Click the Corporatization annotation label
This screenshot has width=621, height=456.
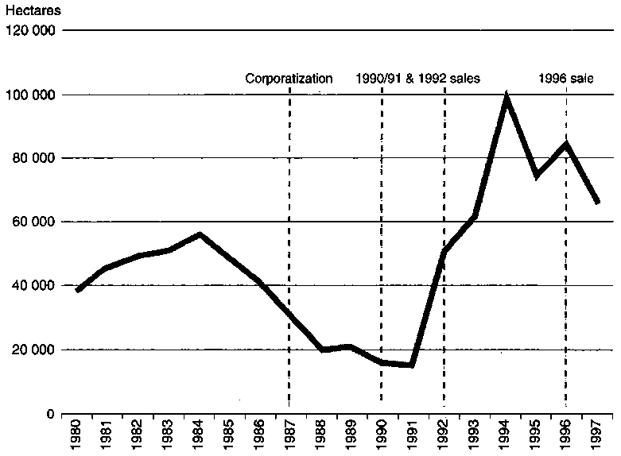(288, 78)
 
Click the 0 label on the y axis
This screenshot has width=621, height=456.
(49, 414)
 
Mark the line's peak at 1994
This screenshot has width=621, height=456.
(505, 97)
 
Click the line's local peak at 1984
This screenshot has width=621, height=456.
(200, 234)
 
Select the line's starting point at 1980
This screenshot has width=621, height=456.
(77, 291)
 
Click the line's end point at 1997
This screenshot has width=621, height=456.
(597, 203)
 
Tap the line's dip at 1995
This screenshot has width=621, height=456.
(537, 176)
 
